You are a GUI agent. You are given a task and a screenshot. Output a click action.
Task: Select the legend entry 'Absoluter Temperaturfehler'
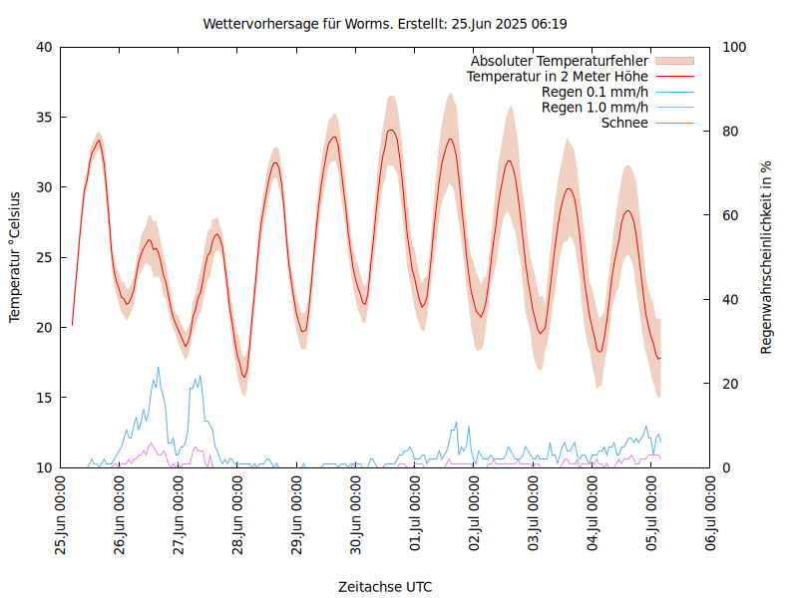coord(560,61)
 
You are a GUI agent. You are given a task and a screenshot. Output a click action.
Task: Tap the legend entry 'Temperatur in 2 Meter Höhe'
coord(558,76)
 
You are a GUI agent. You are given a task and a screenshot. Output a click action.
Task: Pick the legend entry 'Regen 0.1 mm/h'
coord(595,92)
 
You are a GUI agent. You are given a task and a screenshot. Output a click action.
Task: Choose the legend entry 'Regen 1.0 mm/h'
coord(595,107)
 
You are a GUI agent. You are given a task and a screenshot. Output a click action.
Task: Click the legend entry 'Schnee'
coord(625,123)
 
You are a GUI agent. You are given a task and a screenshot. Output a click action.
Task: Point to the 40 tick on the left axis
coord(43,47)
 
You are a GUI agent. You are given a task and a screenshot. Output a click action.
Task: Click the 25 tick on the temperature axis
coord(43,257)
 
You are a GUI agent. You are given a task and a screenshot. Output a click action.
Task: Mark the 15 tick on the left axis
coord(43,398)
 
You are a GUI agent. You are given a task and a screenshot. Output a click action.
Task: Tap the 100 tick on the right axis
coord(735,47)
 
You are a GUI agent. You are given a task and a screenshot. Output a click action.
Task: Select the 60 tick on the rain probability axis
coord(731,215)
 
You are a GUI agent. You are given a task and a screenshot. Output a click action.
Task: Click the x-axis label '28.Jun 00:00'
coord(238,514)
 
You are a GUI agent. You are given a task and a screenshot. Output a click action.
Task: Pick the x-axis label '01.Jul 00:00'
coord(416,514)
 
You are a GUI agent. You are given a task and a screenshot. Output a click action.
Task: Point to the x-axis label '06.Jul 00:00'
coord(711,514)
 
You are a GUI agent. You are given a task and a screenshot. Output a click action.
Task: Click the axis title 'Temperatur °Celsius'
coord(15,257)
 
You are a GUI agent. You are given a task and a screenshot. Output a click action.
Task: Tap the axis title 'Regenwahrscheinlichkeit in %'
coord(767,257)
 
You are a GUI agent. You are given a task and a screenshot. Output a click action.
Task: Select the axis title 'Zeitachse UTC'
coord(385,586)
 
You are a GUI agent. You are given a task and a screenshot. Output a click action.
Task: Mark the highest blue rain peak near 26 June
coord(158,368)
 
